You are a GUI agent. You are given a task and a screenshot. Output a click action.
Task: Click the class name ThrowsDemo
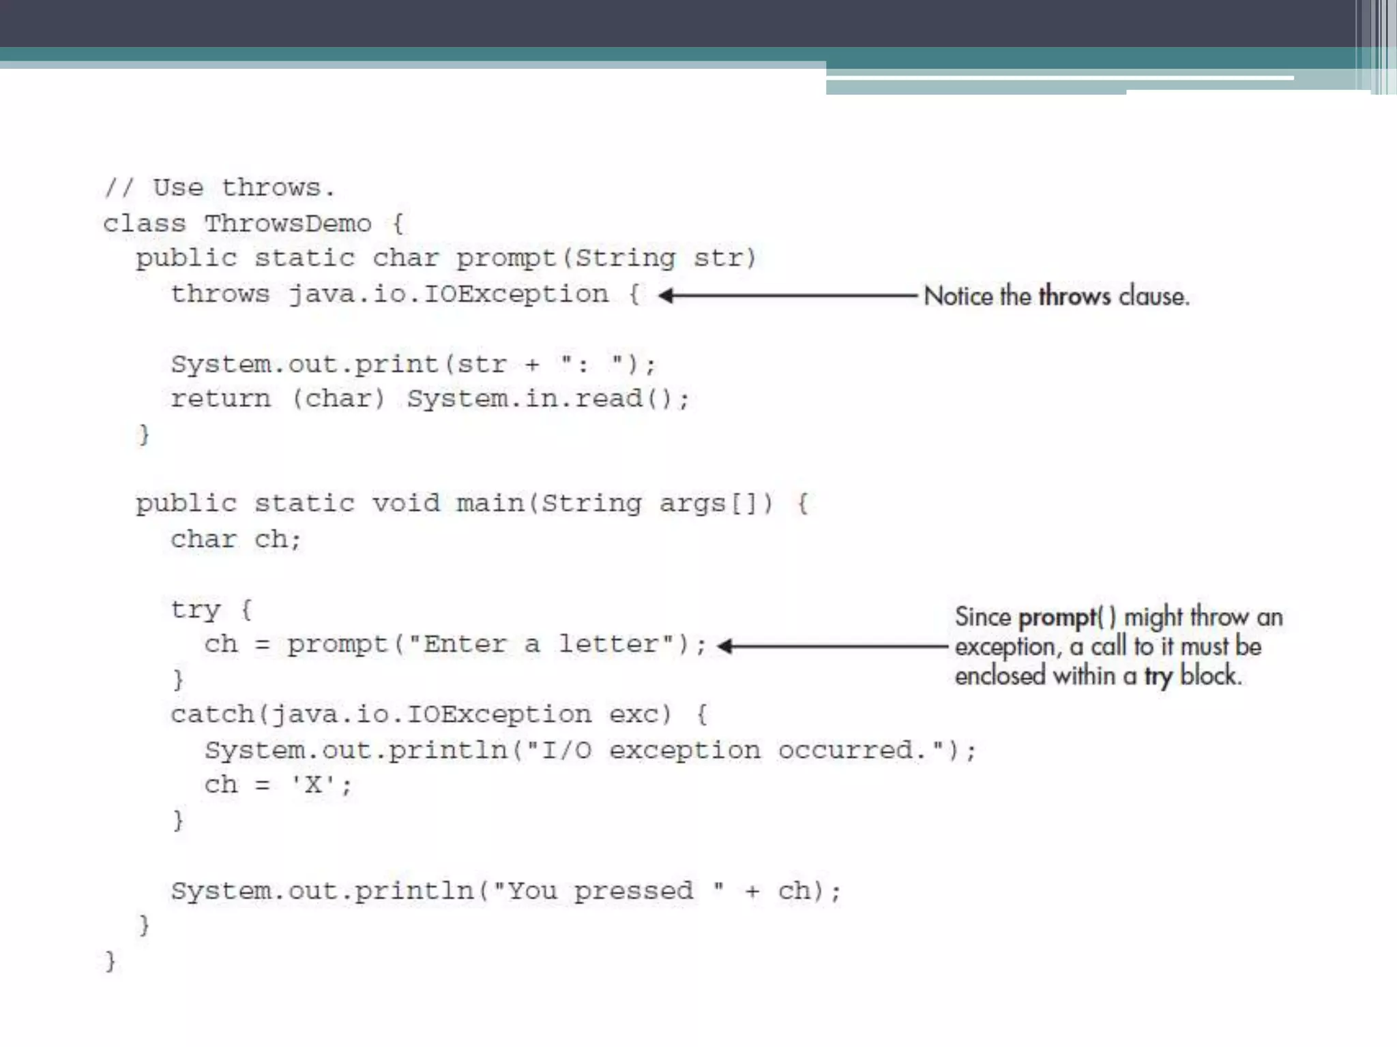pos(288,224)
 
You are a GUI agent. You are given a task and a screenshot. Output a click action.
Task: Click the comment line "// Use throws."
pos(220,187)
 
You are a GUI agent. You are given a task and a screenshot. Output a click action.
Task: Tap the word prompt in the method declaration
pos(505,258)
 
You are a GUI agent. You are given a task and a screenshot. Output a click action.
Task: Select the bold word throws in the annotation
pos(1074,297)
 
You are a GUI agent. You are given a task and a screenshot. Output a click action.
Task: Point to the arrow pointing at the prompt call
pos(832,646)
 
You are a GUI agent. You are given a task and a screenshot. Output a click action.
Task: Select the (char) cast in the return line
pos(339,399)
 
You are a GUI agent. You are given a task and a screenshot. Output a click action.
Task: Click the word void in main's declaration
pos(406,504)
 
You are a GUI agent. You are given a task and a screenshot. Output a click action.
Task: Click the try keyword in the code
pos(196,609)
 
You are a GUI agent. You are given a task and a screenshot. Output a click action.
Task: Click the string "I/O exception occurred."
pos(735,750)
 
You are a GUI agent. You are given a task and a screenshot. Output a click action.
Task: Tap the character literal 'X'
pos(313,785)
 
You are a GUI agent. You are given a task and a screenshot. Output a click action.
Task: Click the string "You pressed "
pos(608,891)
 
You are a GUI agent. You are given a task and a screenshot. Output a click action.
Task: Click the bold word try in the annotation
pos(1158,676)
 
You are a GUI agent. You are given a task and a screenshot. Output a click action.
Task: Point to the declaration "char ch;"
pos(235,539)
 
